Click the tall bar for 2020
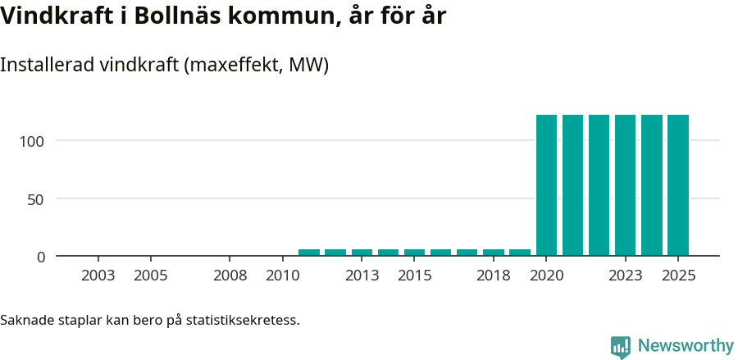[546, 185]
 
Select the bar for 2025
[678, 185]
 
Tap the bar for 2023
[626, 185]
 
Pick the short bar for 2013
[362, 253]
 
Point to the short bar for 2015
[414, 253]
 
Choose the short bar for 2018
[494, 253]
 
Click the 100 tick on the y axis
[33, 141]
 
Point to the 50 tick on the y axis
[37, 198]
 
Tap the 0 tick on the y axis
[41, 257]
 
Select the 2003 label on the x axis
[98, 276]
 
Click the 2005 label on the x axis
[151, 276]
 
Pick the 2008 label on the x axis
[230, 276]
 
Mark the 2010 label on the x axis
[283, 276]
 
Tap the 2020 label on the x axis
[546, 276]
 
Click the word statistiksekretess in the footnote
[243, 320]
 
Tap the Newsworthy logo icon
[621, 347]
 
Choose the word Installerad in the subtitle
[46, 66]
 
